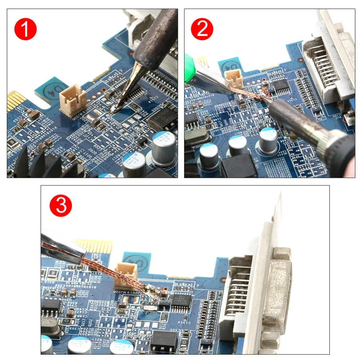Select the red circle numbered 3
(61, 206)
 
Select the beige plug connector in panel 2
(233, 77)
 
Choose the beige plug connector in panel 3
(126, 275)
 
